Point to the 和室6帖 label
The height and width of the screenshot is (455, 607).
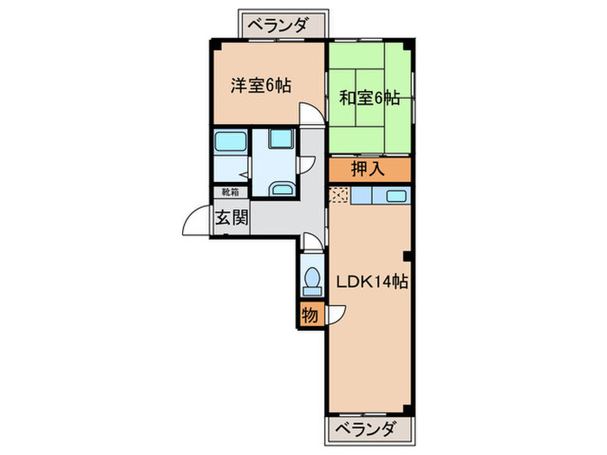click(x=369, y=99)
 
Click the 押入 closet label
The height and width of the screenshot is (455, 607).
click(x=368, y=169)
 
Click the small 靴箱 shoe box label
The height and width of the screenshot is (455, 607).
click(x=231, y=193)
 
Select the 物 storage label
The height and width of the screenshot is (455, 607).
click(x=310, y=315)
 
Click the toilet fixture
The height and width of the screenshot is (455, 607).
click(x=310, y=276)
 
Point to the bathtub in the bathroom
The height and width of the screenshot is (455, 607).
click(x=230, y=141)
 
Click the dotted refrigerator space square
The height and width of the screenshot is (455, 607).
click(x=338, y=197)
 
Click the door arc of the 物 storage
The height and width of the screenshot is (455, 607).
click(x=336, y=313)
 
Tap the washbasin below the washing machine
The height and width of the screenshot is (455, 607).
click(x=281, y=187)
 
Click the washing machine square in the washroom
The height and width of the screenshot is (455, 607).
click(x=281, y=138)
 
